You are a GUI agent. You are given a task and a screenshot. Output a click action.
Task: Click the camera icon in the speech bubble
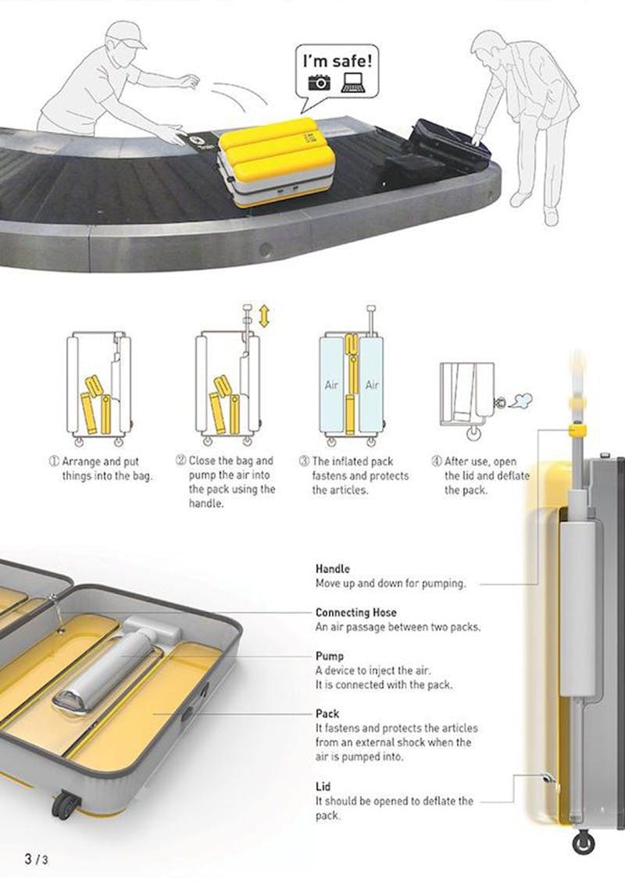tap(319, 83)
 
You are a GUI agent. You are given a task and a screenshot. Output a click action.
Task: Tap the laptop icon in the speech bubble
tap(353, 82)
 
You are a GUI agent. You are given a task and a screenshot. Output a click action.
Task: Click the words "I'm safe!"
tap(337, 59)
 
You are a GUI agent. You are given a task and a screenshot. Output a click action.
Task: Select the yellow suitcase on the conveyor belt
tap(276, 161)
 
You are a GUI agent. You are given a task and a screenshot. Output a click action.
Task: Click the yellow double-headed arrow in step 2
tap(264, 316)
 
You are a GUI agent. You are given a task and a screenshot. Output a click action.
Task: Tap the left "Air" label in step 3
tap(331, 385)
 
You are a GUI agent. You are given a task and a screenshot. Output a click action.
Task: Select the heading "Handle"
tap(333, 569)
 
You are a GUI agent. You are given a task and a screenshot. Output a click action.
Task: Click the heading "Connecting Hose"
tap(355, 612)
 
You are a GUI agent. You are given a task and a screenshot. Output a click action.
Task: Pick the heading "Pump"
tap(330, 656)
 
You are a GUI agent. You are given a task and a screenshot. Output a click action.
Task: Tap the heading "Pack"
tap(327, 714)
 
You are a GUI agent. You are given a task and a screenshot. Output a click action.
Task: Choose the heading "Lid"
tap(323, 786)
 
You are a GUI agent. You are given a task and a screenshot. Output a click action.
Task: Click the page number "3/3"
tap(36, 859)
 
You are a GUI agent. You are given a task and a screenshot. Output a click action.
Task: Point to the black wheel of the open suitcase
tap(66, 805)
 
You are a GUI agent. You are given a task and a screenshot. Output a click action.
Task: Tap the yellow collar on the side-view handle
tap(577, 431)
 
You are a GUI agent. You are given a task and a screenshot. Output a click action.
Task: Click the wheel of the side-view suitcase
tap(584, 842)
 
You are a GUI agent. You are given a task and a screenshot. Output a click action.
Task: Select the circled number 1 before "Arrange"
tap(54, 461)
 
